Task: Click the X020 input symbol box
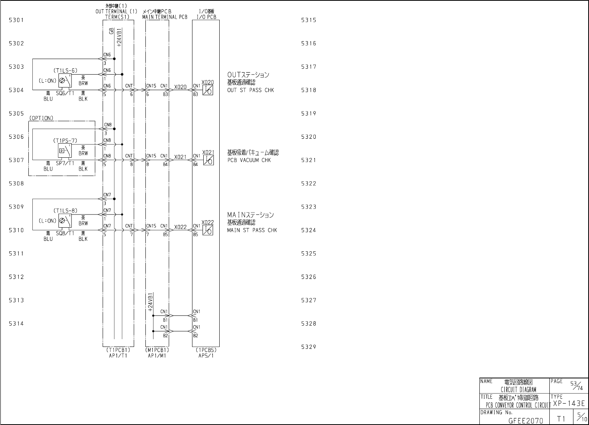click(208, 90)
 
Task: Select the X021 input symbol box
click(208, 160)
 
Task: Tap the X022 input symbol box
click(208, 230)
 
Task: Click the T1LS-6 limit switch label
click(65, 70)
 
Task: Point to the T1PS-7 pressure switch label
click(65, 140)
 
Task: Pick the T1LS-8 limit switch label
click(65, 211)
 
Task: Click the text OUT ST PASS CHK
click(250, 90)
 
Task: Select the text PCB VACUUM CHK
click(249, 160)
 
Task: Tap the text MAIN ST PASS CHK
click(252, 230)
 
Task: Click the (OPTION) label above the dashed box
click(41, 118)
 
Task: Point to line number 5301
click(16, 20)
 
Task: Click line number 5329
click(309, 347)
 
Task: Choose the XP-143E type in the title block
click(568, 404)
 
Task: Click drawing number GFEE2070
click(526, 420)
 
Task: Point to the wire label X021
click(180, 157)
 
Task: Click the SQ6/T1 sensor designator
click(65, 93)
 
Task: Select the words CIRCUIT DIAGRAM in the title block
click(518, 390)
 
